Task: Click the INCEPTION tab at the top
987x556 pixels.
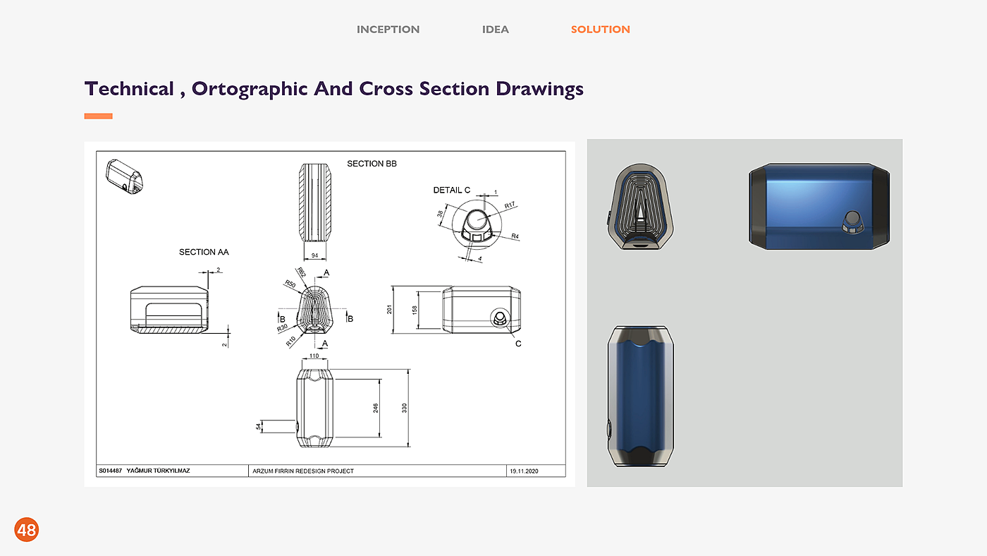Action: coord(388,30)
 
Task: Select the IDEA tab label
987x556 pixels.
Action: coord(495,30)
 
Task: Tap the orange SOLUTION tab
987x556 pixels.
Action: coord(600,30)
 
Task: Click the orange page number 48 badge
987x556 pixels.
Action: coord(27,530)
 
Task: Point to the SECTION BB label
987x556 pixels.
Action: coord(372,164)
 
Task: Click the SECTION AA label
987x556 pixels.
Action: coord(204,252)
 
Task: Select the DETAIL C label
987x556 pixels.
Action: coord(452,190)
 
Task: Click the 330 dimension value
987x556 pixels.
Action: coord(405,408)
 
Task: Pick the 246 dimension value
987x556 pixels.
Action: coord(375,408)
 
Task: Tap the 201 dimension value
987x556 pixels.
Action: coord(389,310)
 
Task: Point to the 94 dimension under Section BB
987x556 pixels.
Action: coord(314,255)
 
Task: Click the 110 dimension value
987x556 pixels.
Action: coord(314,356)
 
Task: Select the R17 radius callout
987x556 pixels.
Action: coord(510,205)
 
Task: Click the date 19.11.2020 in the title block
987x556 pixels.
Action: coord(524,471)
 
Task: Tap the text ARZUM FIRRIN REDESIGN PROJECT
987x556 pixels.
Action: coord(303,471)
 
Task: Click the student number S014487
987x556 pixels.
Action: coord(110,471)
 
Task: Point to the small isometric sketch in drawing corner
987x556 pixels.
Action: coord(124,177)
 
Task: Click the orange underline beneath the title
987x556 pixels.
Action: coord(98,116)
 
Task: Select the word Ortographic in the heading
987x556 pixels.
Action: coord(250,89)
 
